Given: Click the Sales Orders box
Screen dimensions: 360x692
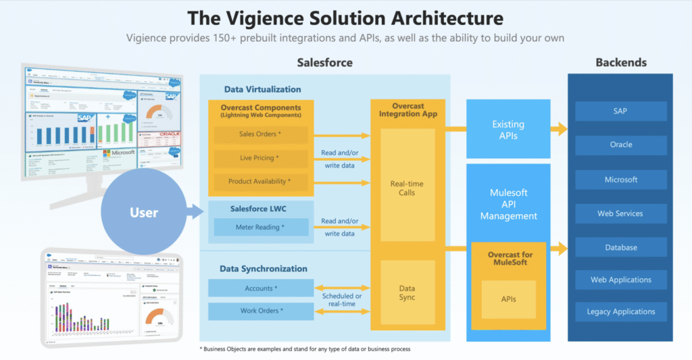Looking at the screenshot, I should pos(260,134).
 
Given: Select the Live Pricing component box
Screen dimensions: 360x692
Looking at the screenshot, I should pos(260,158).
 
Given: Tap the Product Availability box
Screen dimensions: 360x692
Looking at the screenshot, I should pos(260,182).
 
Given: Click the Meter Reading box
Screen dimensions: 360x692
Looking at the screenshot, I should pos(261,227).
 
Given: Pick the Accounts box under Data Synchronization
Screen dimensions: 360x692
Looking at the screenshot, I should pos(259,288).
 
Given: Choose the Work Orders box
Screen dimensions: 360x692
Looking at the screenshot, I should pos(259,311).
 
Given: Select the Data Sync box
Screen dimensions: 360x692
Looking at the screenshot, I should pos(407,292).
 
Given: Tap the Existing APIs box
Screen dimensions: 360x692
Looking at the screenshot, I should pos(508,130).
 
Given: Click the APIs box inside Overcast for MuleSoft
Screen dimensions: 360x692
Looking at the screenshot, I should pos(508,298).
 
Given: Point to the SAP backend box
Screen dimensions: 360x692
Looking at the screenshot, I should pos(621,111).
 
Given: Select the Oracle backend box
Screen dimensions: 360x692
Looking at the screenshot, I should pos(621,145).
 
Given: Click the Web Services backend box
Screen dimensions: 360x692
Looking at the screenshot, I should pos(621,213).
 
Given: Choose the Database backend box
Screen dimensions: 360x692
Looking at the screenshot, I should pos(621,247).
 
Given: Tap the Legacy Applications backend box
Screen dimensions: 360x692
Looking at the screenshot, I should pos(621,311).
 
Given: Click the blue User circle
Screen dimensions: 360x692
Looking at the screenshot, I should pos(143,213).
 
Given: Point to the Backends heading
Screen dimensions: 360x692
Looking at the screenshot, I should pos(621,63).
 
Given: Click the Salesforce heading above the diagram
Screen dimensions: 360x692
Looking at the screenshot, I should pos(324,63).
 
